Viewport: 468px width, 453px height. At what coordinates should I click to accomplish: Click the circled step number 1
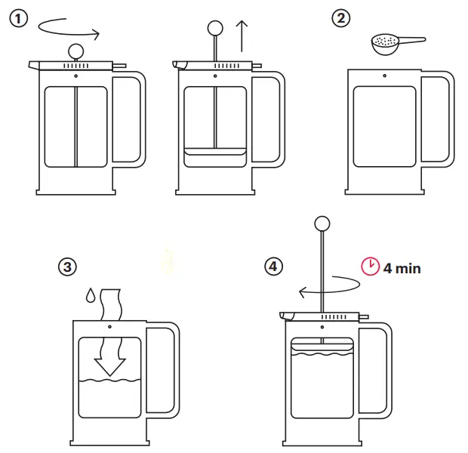click(19, 20)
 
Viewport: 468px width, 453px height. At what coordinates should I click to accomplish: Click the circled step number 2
click(342, 18)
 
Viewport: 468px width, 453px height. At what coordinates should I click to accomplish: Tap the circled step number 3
click(67, 267)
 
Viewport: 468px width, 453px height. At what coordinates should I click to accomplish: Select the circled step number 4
click(272, 267)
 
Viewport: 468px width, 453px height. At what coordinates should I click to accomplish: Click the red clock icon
click(370, 267)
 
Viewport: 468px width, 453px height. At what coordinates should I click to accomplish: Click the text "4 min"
click(402, 267)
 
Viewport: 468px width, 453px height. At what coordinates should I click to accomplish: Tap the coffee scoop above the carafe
click(396, 43)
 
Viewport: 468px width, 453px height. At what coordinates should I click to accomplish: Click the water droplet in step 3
click(90, 294)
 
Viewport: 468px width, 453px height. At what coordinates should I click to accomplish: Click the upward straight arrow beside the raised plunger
click(242, 35)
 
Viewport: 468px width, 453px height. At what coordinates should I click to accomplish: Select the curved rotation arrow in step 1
click(68, 30)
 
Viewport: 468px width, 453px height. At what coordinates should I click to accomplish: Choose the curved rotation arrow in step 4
click(332, 288)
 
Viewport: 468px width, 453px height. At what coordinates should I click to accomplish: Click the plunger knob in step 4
click(322, 223)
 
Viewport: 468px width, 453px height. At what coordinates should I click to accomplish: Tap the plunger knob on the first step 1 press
click(75, 51)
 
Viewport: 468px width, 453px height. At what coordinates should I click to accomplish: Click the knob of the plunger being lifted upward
click(215, 28)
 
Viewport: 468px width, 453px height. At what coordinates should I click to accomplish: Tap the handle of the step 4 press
click(379, 368)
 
